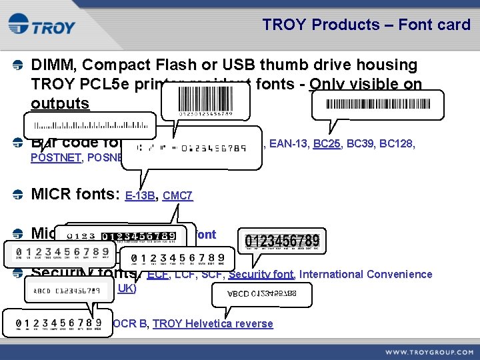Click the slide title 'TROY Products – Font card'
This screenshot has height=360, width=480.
pos(366,25)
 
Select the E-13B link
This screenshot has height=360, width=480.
pos(140,196)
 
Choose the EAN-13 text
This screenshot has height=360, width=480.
pos(287,143)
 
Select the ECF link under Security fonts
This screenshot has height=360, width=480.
pos(158,274)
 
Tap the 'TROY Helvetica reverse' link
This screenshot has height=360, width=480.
pos(213,323)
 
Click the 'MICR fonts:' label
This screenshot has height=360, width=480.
pos(76,195)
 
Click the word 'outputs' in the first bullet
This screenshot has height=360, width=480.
pos(59,103)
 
